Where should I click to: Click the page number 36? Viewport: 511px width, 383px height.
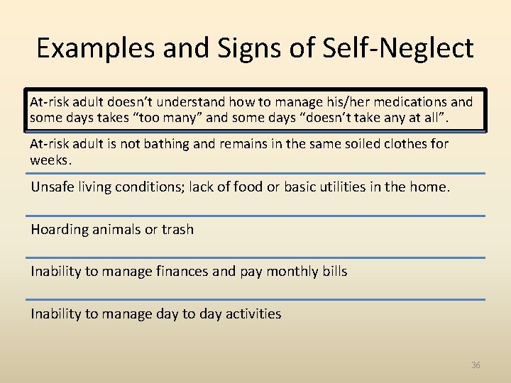[476, 365]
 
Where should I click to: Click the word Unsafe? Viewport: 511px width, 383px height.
[51, 187]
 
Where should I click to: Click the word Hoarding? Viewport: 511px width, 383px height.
[60, 229]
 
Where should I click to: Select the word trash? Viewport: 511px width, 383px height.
[177, 229]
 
